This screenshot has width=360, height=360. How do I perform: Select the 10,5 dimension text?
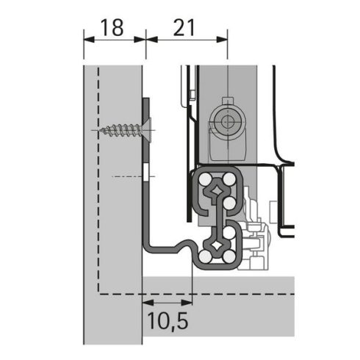point(168,321)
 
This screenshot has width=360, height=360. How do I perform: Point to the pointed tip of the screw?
point(98,131)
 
